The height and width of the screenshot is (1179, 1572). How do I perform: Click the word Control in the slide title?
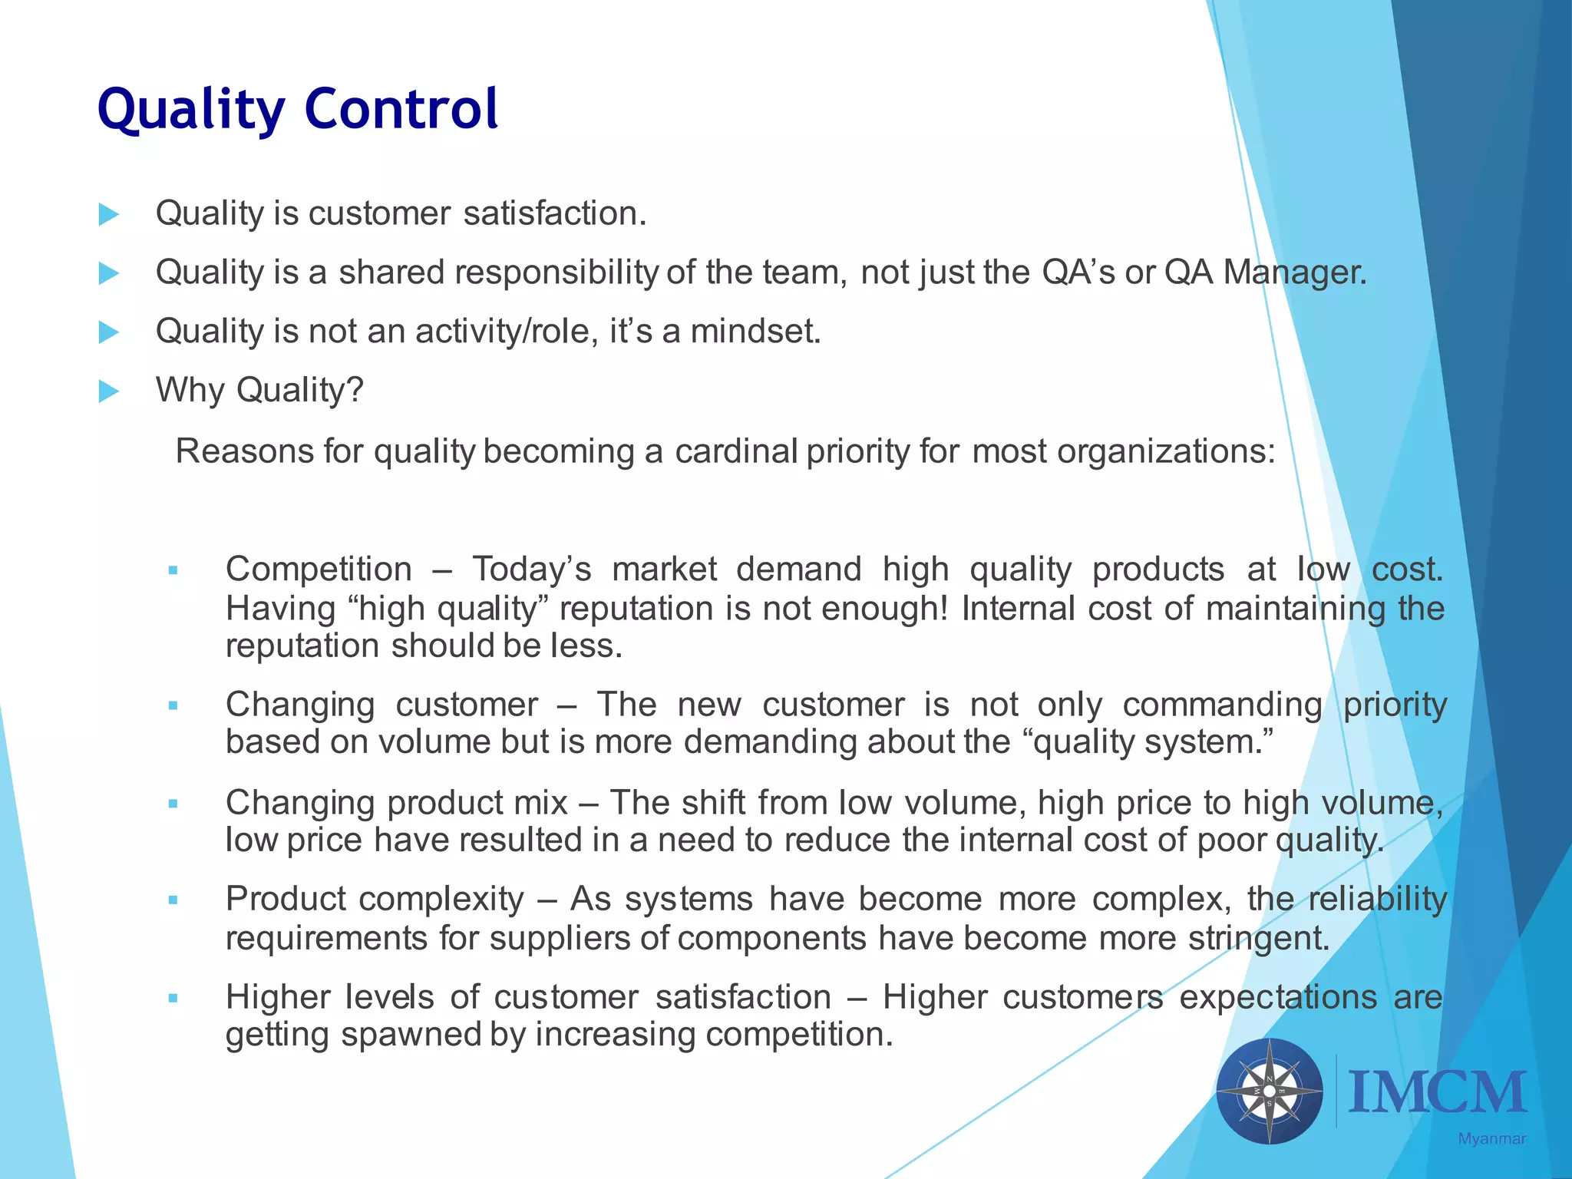[401, 109]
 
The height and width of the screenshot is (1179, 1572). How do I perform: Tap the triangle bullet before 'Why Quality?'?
[109, 391]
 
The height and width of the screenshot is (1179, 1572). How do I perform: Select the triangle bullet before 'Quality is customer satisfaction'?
[109, 214]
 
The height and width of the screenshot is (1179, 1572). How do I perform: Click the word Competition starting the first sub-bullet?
[319, 570]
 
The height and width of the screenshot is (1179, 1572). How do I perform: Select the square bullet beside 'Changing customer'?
[173, 705]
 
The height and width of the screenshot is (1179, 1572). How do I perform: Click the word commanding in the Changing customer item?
[1222, 705]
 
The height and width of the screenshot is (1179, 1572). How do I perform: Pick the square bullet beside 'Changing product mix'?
[173, 804]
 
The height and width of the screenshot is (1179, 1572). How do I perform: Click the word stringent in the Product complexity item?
[1258, 938]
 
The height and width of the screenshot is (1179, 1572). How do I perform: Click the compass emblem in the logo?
[1270, 1091]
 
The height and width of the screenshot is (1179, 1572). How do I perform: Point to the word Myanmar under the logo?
[1491, 1139]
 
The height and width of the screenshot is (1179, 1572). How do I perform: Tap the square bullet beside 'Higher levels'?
[173, 998]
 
